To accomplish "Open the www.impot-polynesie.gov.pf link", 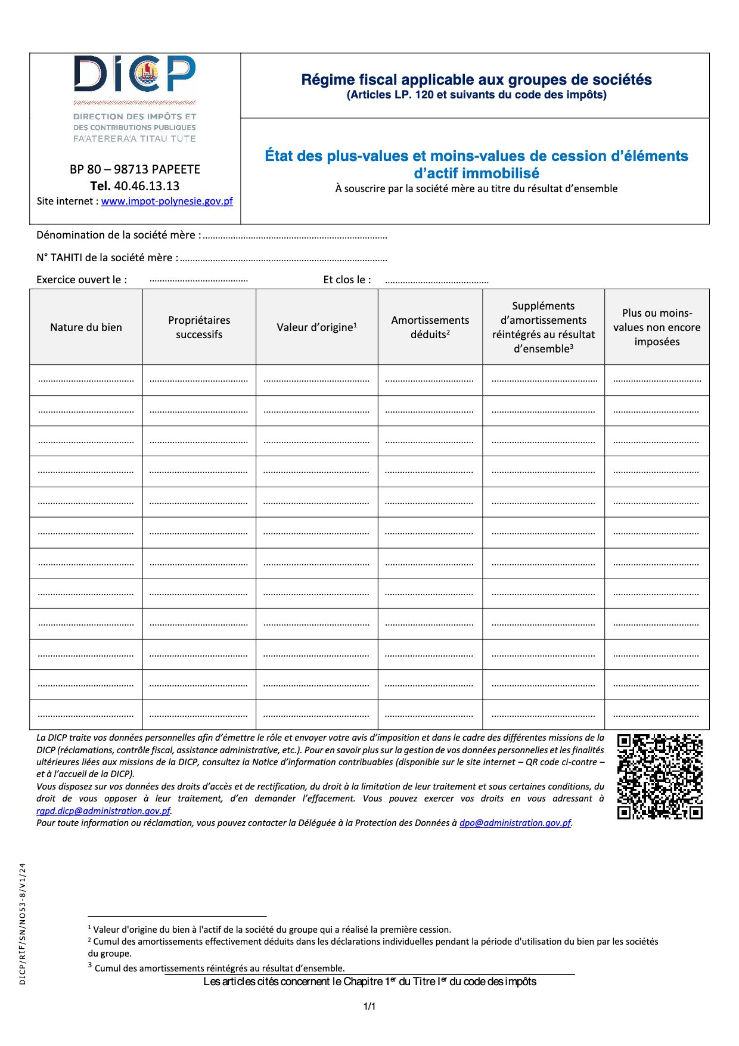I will pos(167,202).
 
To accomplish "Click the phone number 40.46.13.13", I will pos(147,186).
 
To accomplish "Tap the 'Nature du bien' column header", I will pos(86,327).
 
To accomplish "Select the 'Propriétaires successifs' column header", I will pos(199,327).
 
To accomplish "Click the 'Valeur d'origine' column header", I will pos(316,327).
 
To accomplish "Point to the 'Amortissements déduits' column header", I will pos(430,327).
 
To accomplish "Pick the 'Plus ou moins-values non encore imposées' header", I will pos(657,327).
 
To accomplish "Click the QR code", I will pos(660,776).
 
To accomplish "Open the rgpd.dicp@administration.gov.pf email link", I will pos(104,811).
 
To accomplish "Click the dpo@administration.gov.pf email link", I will pos(515,823).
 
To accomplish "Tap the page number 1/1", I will pos(369,1007).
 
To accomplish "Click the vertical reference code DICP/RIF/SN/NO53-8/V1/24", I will pos(23,924).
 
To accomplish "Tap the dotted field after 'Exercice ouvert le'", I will pos(198,280).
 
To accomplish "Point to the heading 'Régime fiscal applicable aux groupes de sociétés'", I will pos(476,80).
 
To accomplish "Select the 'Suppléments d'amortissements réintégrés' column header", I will pos(543,327).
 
